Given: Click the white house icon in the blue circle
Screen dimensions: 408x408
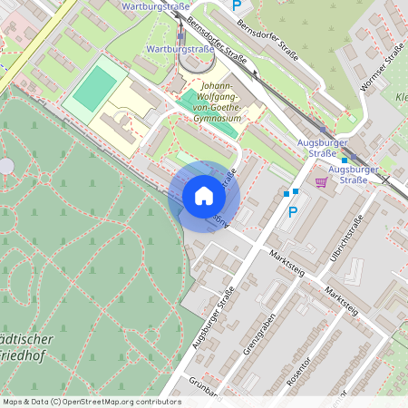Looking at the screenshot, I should tap(203, 195).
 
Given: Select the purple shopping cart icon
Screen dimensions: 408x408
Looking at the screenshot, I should tap(321, 181).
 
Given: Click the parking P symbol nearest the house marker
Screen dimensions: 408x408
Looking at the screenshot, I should tap(292, 212).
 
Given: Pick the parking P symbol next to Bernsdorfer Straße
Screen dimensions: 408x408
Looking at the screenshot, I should tap(237, 5).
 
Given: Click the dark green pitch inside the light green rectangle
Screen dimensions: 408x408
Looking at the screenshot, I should tap(93, 88).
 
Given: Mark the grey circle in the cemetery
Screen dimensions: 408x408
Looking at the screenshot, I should tap(6, 166).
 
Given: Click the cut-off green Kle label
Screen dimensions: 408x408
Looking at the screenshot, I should tap(401, 97).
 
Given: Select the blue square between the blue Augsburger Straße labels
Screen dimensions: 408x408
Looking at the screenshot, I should tap(345, 160).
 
